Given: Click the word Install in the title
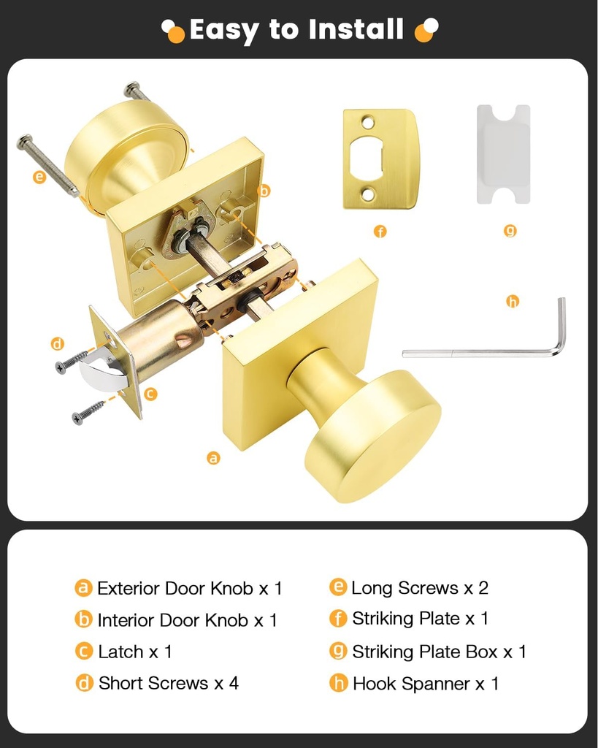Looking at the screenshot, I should coord(356,30).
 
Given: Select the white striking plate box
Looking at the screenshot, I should coord(503,154).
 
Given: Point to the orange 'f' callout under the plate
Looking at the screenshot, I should coord(380,232).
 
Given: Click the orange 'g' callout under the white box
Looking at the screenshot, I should coord(510,231).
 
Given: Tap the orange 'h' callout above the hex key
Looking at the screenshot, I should coord(513,300).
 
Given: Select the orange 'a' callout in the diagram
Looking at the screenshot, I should coord(213,458).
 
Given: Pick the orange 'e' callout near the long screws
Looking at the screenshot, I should coord(39,176).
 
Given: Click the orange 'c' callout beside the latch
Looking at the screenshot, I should coord(150,394).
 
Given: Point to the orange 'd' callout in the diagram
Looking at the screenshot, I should coord(58,343).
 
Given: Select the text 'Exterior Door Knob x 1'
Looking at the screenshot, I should coord(189,588).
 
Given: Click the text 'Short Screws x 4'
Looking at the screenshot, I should coord(168,683).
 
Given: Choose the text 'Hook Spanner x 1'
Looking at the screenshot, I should coord(425,684).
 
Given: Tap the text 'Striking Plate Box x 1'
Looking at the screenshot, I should coord(439,651).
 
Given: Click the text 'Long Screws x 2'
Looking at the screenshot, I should coord(419,587).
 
